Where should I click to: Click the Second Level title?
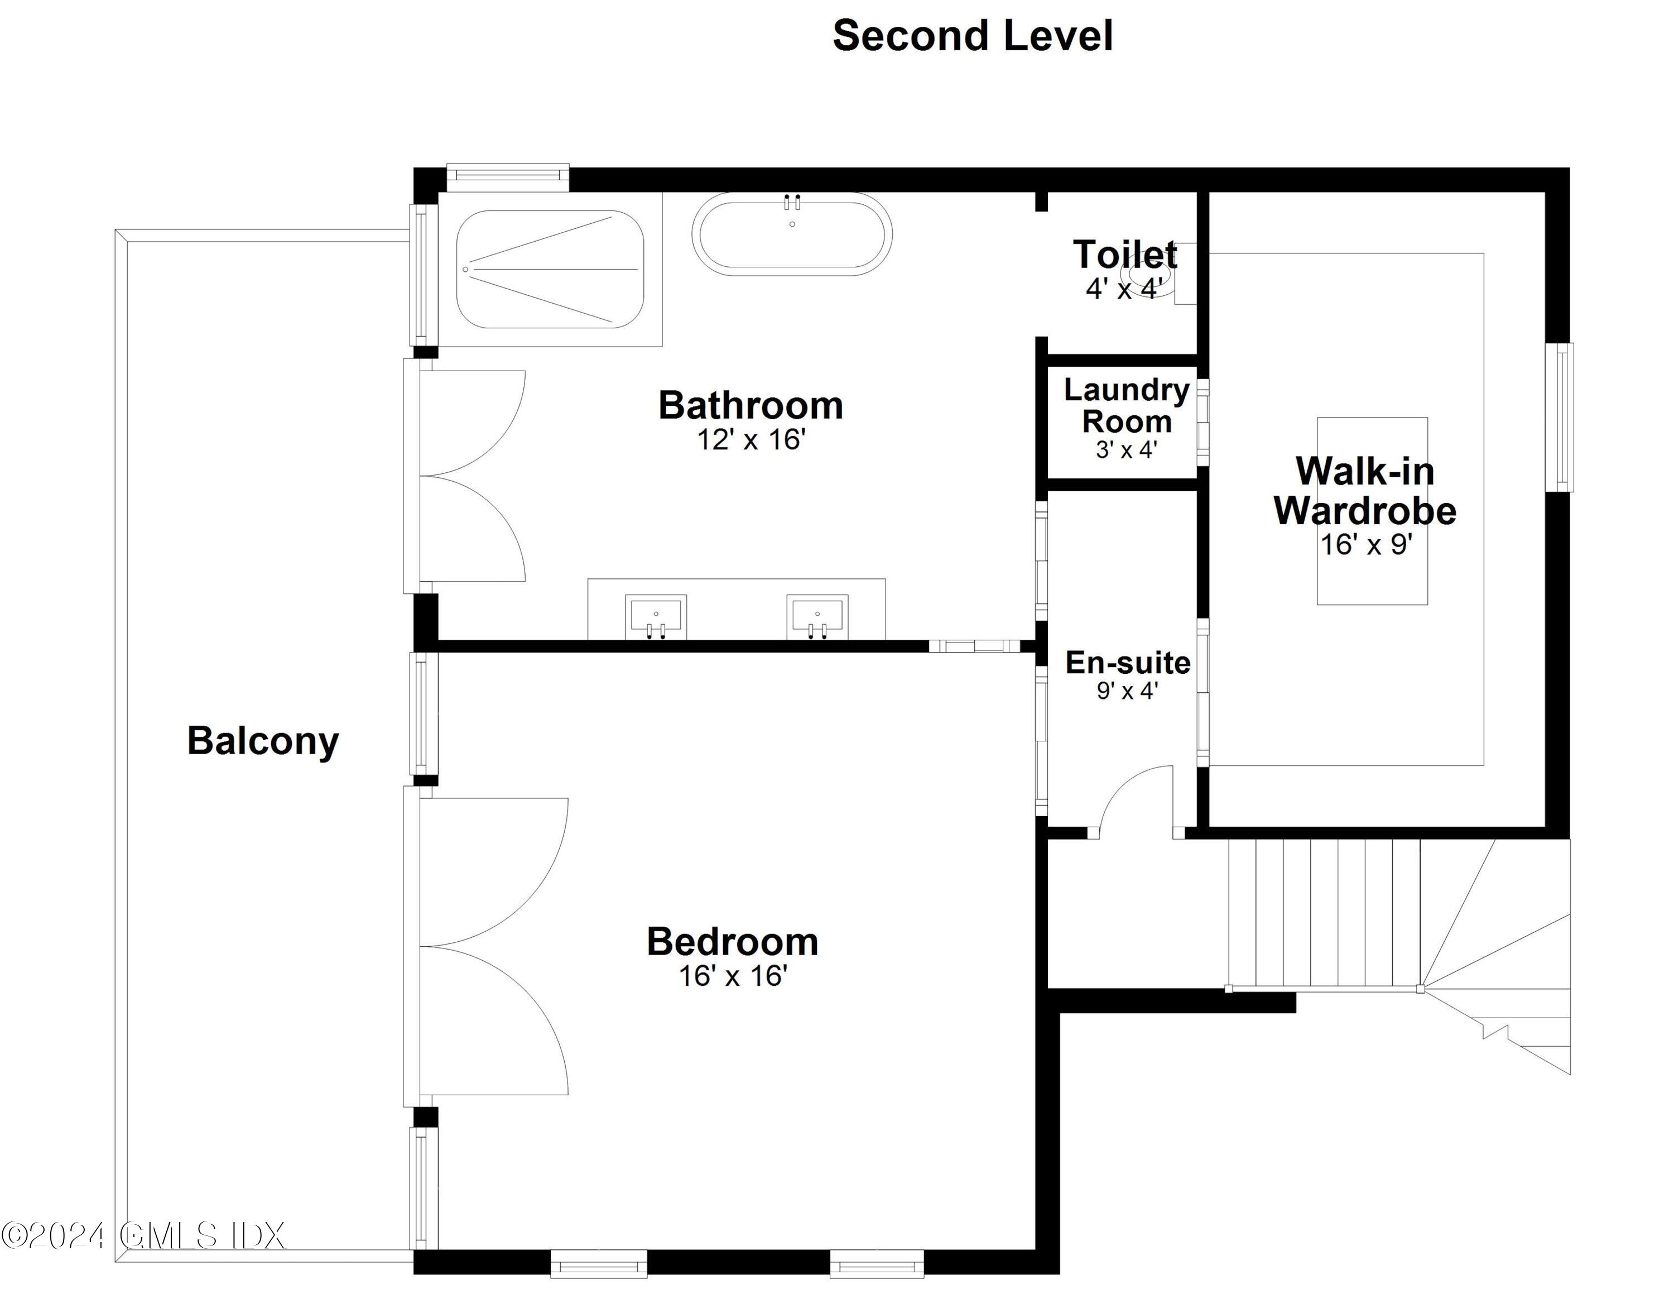point(972,36)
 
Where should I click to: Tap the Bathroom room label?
point(751,405)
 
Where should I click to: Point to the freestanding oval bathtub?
point(792,234)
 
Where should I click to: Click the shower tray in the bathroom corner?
point(550,269)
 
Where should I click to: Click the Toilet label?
point(1124,255)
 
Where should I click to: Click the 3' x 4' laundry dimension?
point(1126,449)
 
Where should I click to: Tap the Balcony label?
point(263,741)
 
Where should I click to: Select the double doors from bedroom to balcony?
point(490,947)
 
